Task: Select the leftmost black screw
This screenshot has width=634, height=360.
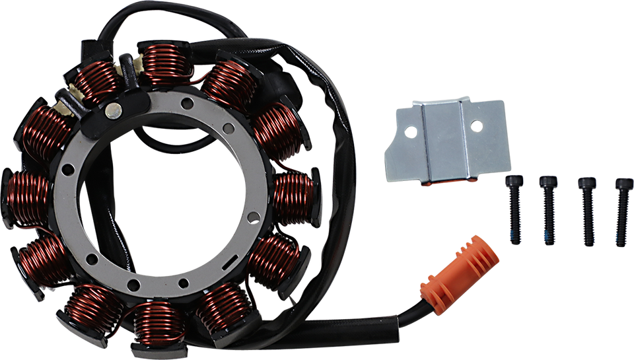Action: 514,211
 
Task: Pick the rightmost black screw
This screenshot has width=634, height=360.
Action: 621,211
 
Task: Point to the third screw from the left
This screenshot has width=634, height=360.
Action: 586,211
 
